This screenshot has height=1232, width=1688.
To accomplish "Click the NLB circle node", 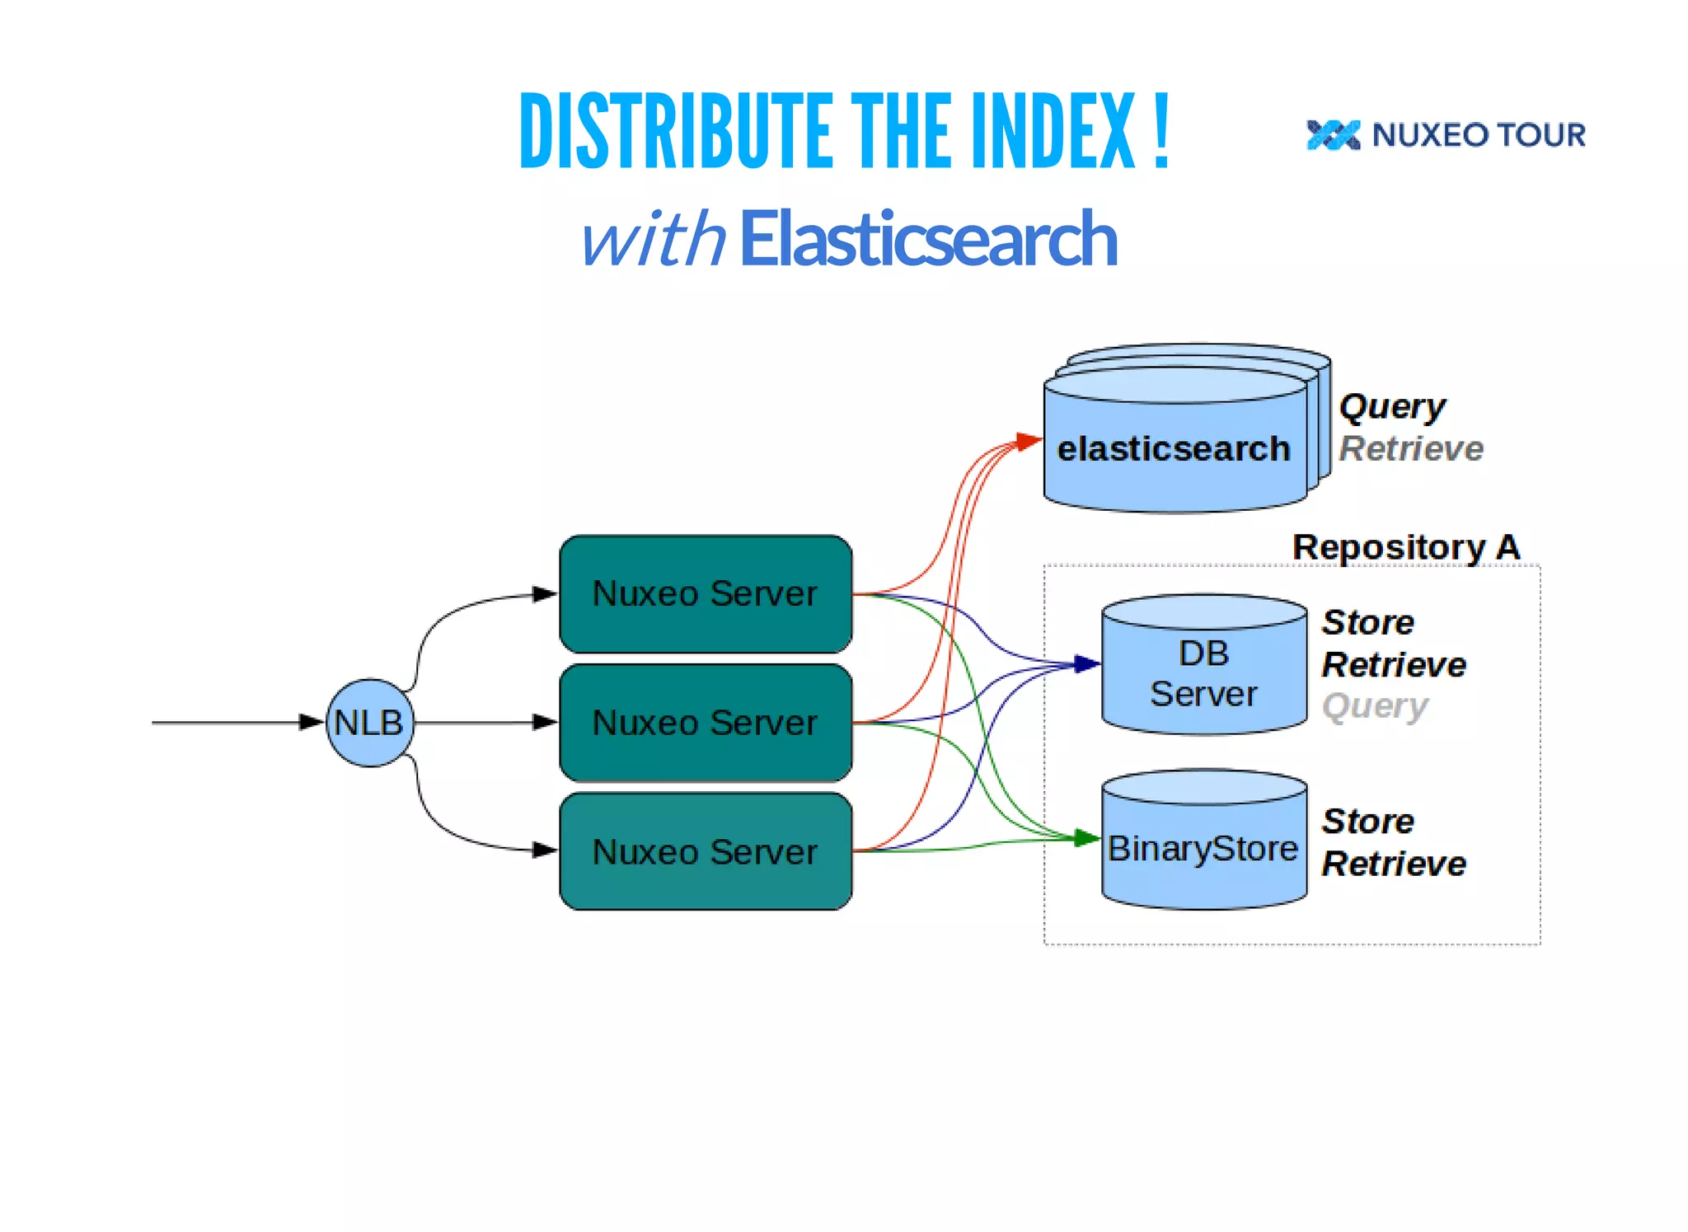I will pyautogui.click(x=369, y=723).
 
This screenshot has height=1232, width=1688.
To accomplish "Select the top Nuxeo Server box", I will pyautogui.click(x=706, y=594).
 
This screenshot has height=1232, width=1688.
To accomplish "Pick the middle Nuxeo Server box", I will pyautogui.click(x=706, y=723).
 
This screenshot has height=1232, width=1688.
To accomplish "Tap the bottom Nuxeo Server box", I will pyautogui.click(x=706, y=851).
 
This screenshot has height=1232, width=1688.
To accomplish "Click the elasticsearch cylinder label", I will pyautogui.click(x=1174, y=449).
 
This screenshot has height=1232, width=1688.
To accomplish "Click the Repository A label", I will pyautogui.click(x=1405, y=547).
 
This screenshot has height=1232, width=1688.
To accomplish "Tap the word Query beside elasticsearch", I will pyautogui.click(x=1391, y=406).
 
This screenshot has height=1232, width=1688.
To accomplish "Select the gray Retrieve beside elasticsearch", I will pyautogui.click(x=1411, y=449).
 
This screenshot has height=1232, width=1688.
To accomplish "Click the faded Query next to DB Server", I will pyautogui.click(x=1375, y=706).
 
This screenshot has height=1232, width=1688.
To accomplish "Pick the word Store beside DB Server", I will pyautogui.click(x=1368, y=622).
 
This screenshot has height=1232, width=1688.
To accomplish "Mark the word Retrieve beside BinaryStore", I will pyautogui.click(x=1394, y=864).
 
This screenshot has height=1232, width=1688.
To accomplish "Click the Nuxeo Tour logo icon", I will pyautogui.click(x=1333, y=135).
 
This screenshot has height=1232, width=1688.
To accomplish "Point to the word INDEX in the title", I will pyautogui.click(x=1053, y=132).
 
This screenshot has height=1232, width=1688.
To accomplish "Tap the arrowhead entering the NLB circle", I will pyautogui.click(x=312, y=723).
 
